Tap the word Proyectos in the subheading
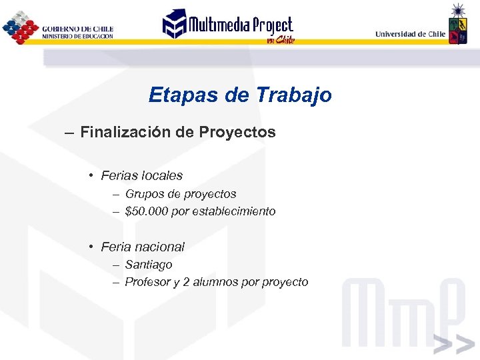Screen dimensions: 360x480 (x=237, y=132)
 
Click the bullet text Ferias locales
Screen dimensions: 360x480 (x=141, y=176)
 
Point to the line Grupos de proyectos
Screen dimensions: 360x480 (x=180, y=194)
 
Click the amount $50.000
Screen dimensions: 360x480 (x=145, y=211)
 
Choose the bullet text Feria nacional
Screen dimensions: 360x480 (x=143, y=247)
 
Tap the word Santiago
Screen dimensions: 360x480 (x=149, y=265)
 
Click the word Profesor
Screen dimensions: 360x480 (x=147, y=282)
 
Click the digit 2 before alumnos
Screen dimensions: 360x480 (x=186, y=282)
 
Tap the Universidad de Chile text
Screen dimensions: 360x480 (x=410, y=33)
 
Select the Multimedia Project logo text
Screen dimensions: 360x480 (x=240, y=25)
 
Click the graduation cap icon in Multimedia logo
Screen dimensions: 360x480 (x=175, y=24)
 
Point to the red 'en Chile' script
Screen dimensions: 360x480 (x=279, y=39)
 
